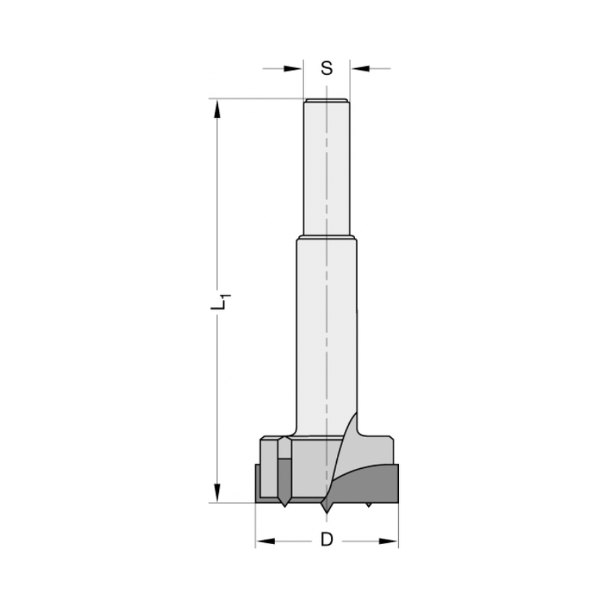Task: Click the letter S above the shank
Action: coord(326,69)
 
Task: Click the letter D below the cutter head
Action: coord(327,539)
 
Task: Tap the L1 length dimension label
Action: coord(221,302)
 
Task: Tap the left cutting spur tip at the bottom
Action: coord(284,506)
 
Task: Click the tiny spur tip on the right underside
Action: coord(368,505)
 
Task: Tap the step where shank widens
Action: coord(326,237)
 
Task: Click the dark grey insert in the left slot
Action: coord(284,480)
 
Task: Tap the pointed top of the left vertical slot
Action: coord(284,439)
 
